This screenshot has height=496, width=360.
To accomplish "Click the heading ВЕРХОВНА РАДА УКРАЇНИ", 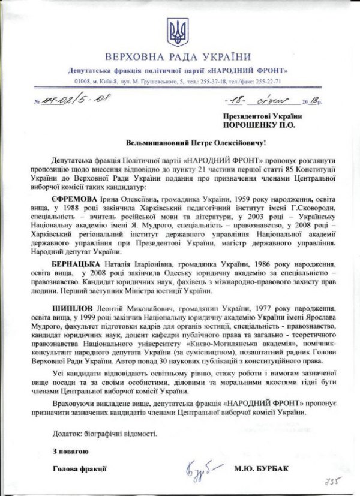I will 178,57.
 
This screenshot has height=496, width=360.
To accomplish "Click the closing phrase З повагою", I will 70,450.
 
